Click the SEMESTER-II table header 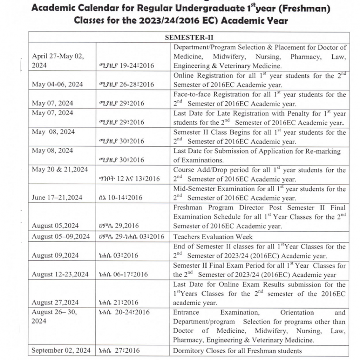click(x=187, y=38)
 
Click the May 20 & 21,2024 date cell click(x=60, y=170)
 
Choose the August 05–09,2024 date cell click(x=61, y=236)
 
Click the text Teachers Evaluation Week click(x=213, y=236)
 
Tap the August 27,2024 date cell click(x=55, y=303)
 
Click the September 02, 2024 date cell click(x=61, y=350)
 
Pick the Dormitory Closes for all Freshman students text click(x=237, y=350)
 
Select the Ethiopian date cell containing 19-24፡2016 click(x=127, y=66)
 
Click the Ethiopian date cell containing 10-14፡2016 click(x=120, y=198)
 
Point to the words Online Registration click(x=201, y=76)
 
